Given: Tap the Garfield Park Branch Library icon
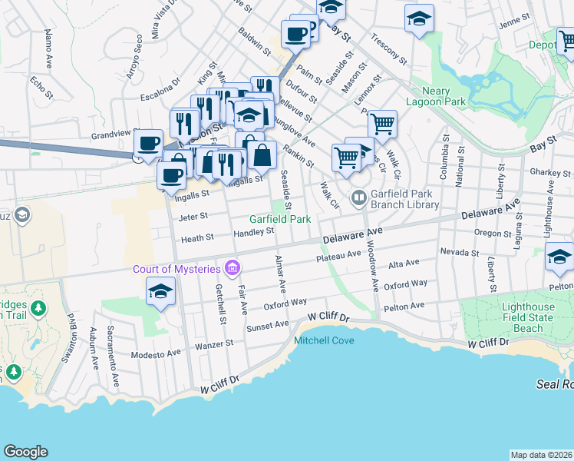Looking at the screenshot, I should pos(358,198).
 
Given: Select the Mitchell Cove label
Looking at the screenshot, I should pos(324,340).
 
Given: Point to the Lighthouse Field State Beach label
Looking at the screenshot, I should pos(526,317).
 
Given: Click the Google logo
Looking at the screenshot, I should pos(25,452).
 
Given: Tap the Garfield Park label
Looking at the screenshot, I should pos(279,219).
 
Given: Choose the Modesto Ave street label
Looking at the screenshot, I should pos(156,353).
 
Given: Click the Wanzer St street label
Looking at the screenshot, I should pos(213,345).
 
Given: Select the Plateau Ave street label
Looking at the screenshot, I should pos(338,256).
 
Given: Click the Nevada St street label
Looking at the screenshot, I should pos(460,251).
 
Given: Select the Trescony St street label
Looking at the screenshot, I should pos(388,47).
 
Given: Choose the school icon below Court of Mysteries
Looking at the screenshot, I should pos(160,291).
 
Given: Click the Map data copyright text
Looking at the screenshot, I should pos(541,455).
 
